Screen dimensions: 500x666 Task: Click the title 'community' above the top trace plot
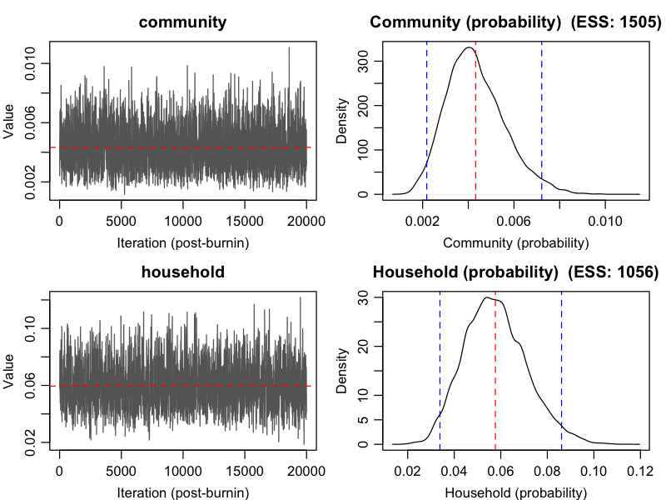pos(182,22)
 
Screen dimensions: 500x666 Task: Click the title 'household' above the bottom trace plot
pos(182,272)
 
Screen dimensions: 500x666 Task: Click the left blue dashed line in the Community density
pos(427,117)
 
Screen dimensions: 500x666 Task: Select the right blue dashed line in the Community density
pos(542,117)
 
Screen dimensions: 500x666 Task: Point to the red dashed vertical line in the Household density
pos(495,367)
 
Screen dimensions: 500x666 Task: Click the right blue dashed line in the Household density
pos(562,367)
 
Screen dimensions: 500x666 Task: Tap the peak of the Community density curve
pos(469,47)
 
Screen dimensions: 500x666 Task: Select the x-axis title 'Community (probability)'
pos(515,243)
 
